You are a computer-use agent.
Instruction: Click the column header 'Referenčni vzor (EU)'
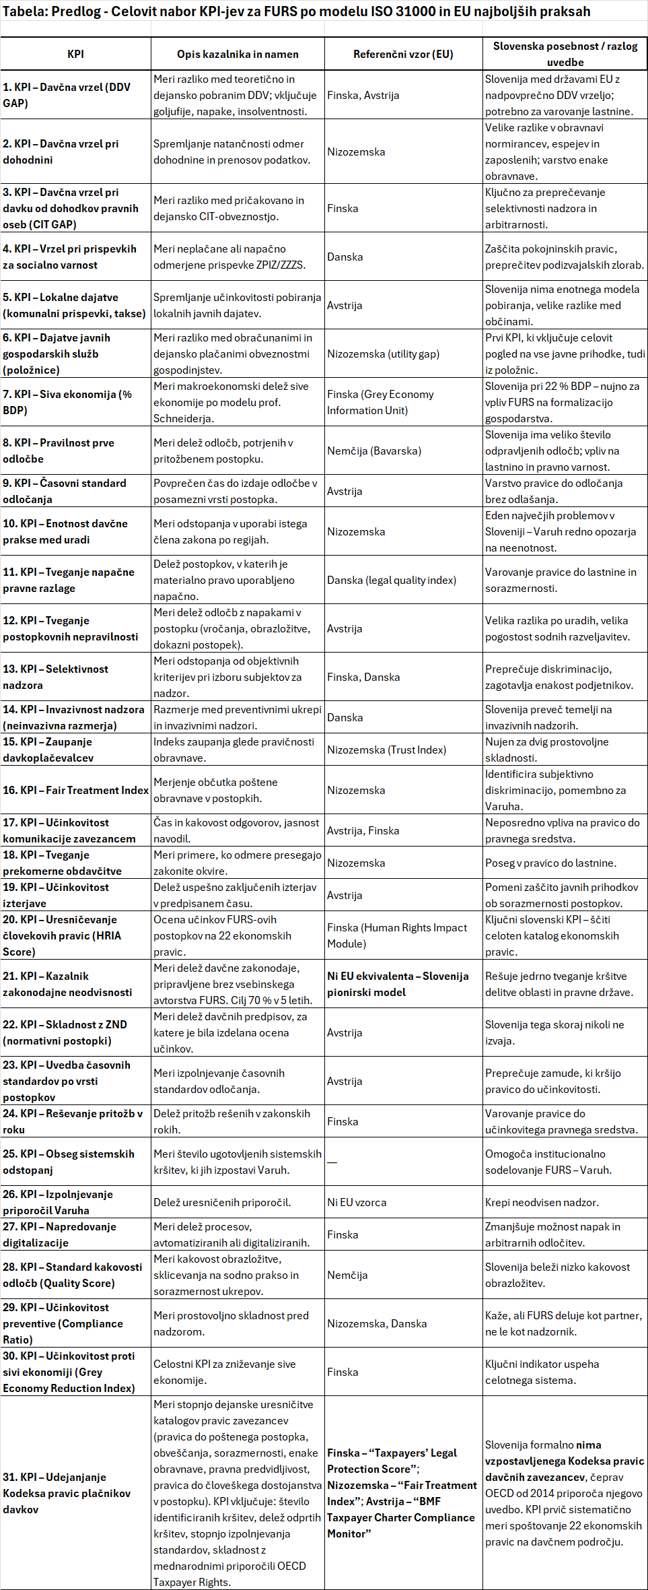click(403, 55)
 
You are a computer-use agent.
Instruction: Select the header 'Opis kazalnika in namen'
click(238, 55)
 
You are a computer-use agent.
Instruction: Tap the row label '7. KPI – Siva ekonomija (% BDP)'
click(67, 402)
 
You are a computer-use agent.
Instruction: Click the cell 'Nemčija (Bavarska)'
click(374, 451)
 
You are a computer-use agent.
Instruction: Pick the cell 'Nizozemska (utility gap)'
click(383, 354)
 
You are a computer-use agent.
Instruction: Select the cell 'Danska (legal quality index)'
click(392, 580)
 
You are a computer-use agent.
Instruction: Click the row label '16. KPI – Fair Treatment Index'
click(75, 790)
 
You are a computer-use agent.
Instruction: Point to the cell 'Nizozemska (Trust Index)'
click(386, 750)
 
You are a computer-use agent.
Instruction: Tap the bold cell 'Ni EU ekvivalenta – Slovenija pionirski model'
click(398, 984)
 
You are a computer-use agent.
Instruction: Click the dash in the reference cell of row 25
click(332, 1162)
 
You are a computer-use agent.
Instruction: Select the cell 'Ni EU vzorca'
click(357, 1202)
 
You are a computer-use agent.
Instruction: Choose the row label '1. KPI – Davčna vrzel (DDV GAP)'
click(67, 95)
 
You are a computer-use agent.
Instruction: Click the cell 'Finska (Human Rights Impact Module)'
click(397, 935)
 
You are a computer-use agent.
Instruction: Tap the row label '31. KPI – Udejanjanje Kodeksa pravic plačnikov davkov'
click(67, 1493)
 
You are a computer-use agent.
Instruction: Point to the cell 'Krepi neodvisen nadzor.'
click(542, 1202)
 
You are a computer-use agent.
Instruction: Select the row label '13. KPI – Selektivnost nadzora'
click(55, 677)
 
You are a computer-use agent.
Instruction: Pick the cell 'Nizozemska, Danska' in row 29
click(377, 1323)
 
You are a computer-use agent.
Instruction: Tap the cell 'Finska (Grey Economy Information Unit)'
click(380, 402)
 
